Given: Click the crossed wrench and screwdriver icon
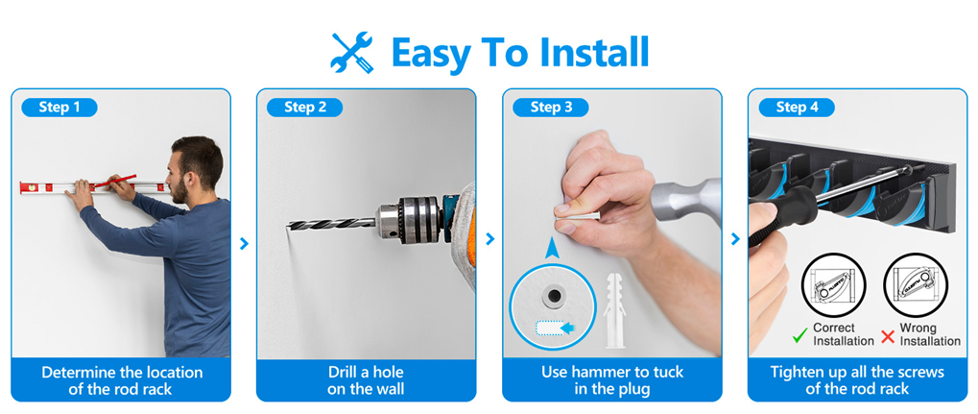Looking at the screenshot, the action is (352, 53).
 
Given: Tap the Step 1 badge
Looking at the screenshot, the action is (60, 108).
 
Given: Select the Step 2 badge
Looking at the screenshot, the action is (305, 108).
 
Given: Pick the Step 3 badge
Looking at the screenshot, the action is (551, 108).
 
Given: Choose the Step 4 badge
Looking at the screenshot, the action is (797, 108).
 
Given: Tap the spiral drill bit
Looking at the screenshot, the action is (332, 224).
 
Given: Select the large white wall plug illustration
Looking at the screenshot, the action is (613, 310).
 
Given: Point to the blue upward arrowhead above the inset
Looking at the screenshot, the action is (552, 249).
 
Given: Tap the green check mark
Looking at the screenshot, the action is (799, 336).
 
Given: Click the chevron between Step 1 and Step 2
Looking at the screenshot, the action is (244, 244).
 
